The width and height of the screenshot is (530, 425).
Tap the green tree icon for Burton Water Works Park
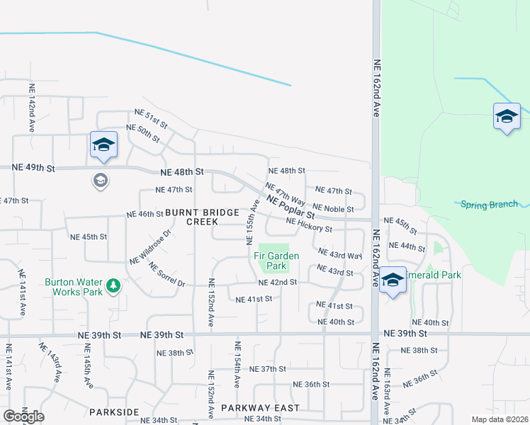(x=112, y=286)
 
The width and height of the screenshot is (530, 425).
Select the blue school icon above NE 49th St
(x=103, y=145)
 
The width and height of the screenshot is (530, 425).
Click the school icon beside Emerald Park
(x=392, y=280)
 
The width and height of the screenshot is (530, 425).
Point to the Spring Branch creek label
(x=489, y=205)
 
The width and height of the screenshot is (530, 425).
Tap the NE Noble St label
(x=333, y=208)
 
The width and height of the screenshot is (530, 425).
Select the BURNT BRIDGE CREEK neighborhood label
(x=191, y=217)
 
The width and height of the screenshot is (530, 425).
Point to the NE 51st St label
(x=151, y=118)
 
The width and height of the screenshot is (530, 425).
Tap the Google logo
(x=23, y=416)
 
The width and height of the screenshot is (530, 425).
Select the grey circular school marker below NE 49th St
(x=101, y=181)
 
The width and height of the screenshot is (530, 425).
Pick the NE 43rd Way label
(x=340, y=254)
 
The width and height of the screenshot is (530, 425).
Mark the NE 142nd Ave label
(x=32, y=108)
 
